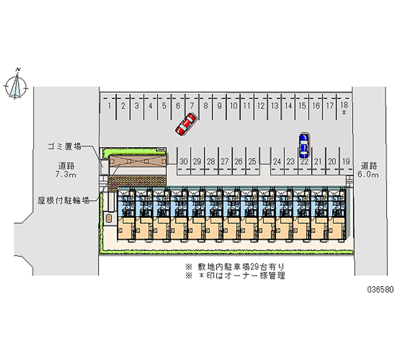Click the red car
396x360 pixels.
(x=186, y=124)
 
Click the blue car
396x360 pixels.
(x=303, y=145)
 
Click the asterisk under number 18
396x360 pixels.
(x=344, y=113)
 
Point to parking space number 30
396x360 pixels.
(x=184, y=161)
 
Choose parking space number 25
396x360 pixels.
(x=252, y=161)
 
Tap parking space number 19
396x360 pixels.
(x=346, y=161)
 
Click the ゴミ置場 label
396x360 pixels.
(x=65, y=146)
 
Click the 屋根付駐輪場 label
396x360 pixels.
(x=64, y=201)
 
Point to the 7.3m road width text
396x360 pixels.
(x=66, y=175)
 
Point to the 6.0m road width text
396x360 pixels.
(x=368, y=175)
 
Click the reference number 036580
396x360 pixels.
(x=380, y=290)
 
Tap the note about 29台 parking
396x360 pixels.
(x=235, y=266)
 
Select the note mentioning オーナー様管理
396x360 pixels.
(x=235, y=276)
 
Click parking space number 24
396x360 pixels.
(x=277, y=161)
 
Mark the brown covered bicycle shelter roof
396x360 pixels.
(x=138, y=160)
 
